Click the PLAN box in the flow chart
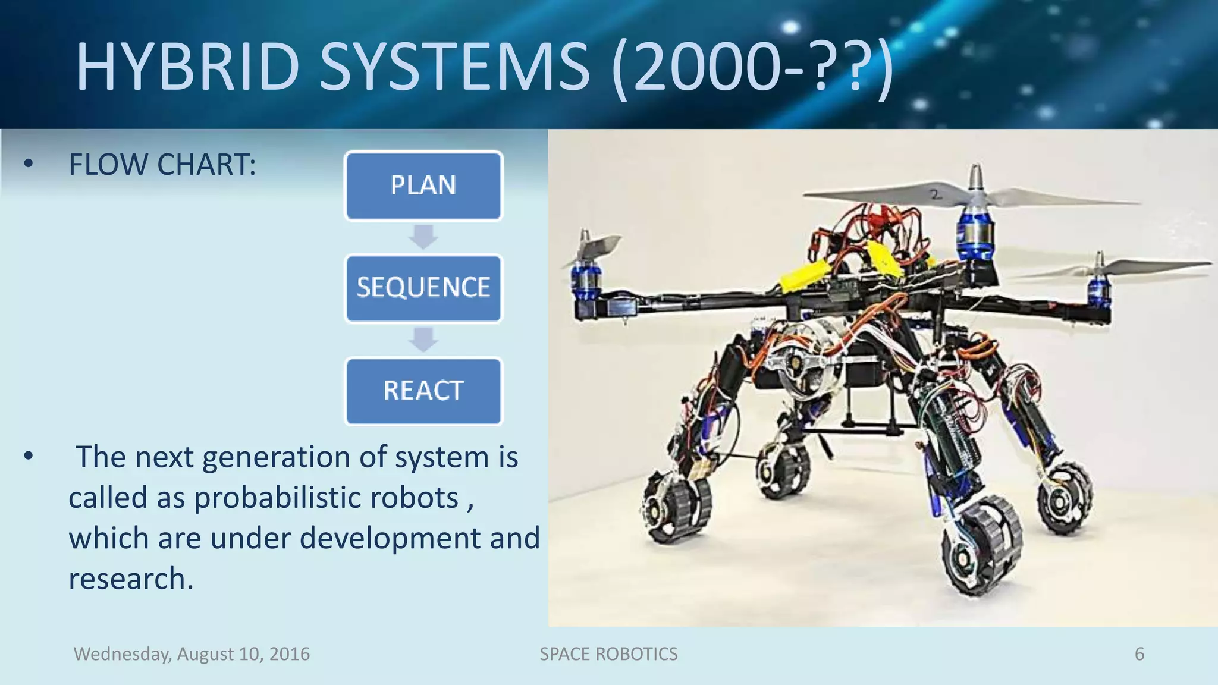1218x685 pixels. pos(423,186)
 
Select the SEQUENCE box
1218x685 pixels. pos(423,288)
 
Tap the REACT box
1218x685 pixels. pos(423,391)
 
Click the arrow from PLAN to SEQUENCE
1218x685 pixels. pos(423,237)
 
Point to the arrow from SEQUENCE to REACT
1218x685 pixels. pos(423,340)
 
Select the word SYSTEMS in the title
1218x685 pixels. pos(455,67)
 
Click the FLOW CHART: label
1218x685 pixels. pos(162,165)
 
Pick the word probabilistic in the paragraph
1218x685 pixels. pos(326,498)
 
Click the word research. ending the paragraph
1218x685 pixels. pos(131,579)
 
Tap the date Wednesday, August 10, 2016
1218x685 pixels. pos(192,654)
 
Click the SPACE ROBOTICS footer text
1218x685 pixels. pos(608,654)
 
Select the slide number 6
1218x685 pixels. pos(1139,654)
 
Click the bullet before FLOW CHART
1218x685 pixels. pos(28,165)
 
